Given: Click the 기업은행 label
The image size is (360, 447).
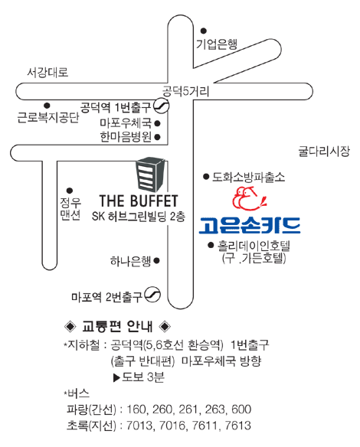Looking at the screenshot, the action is pos(217,44).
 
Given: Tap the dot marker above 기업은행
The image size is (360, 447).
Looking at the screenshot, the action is pos(204,31).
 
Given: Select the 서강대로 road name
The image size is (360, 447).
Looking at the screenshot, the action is pos(47,72).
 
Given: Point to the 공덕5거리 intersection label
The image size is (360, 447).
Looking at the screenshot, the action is pos(185,92).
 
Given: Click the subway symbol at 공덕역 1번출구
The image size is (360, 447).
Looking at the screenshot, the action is pos(162,106).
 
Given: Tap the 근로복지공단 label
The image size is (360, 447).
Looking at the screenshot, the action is pos(48,117).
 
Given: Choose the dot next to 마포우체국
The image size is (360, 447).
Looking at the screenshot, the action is pos(157,123).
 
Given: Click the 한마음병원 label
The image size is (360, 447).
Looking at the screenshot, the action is pos(126,137).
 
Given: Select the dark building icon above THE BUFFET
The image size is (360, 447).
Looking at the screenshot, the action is pos(150,174).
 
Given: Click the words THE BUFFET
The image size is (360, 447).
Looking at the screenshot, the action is pos(139,201).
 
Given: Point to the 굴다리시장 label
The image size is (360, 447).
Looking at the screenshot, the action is pos(324,151).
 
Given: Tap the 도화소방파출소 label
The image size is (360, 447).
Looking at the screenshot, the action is pos(248,177).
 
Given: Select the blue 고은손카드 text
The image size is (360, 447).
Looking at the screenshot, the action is pos(250,225).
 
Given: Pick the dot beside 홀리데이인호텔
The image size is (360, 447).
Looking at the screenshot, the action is pos(211,245).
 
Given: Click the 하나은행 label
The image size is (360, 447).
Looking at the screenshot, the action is pos(131,261).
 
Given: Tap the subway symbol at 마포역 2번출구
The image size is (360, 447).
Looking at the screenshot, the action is pos(152,295).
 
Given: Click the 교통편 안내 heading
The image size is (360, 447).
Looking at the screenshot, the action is pos(117,326).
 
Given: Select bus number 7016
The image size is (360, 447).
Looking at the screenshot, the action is pos(172,426).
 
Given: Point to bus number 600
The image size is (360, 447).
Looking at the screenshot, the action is pos(241,409).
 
